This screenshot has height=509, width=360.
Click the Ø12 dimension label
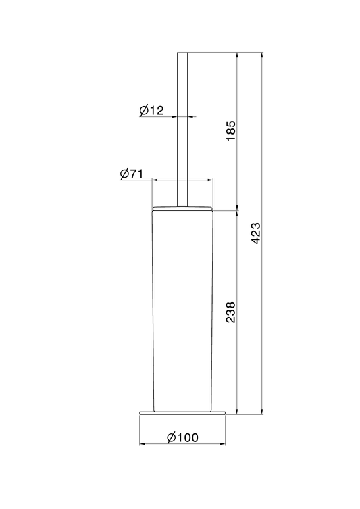pos(152,111)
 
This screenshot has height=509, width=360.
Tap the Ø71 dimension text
pos(131,174)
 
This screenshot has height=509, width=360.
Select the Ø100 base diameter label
pos(182,437)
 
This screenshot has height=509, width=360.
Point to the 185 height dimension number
pos(231,131)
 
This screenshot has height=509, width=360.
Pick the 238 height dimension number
pos(231,312)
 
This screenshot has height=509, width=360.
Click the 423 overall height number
pos(256,233)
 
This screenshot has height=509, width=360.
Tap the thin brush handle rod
pos(182,129)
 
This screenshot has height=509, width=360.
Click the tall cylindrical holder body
pos(182,311)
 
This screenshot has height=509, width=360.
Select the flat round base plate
pos(182,413)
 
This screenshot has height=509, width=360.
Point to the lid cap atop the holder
pos(182,208)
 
